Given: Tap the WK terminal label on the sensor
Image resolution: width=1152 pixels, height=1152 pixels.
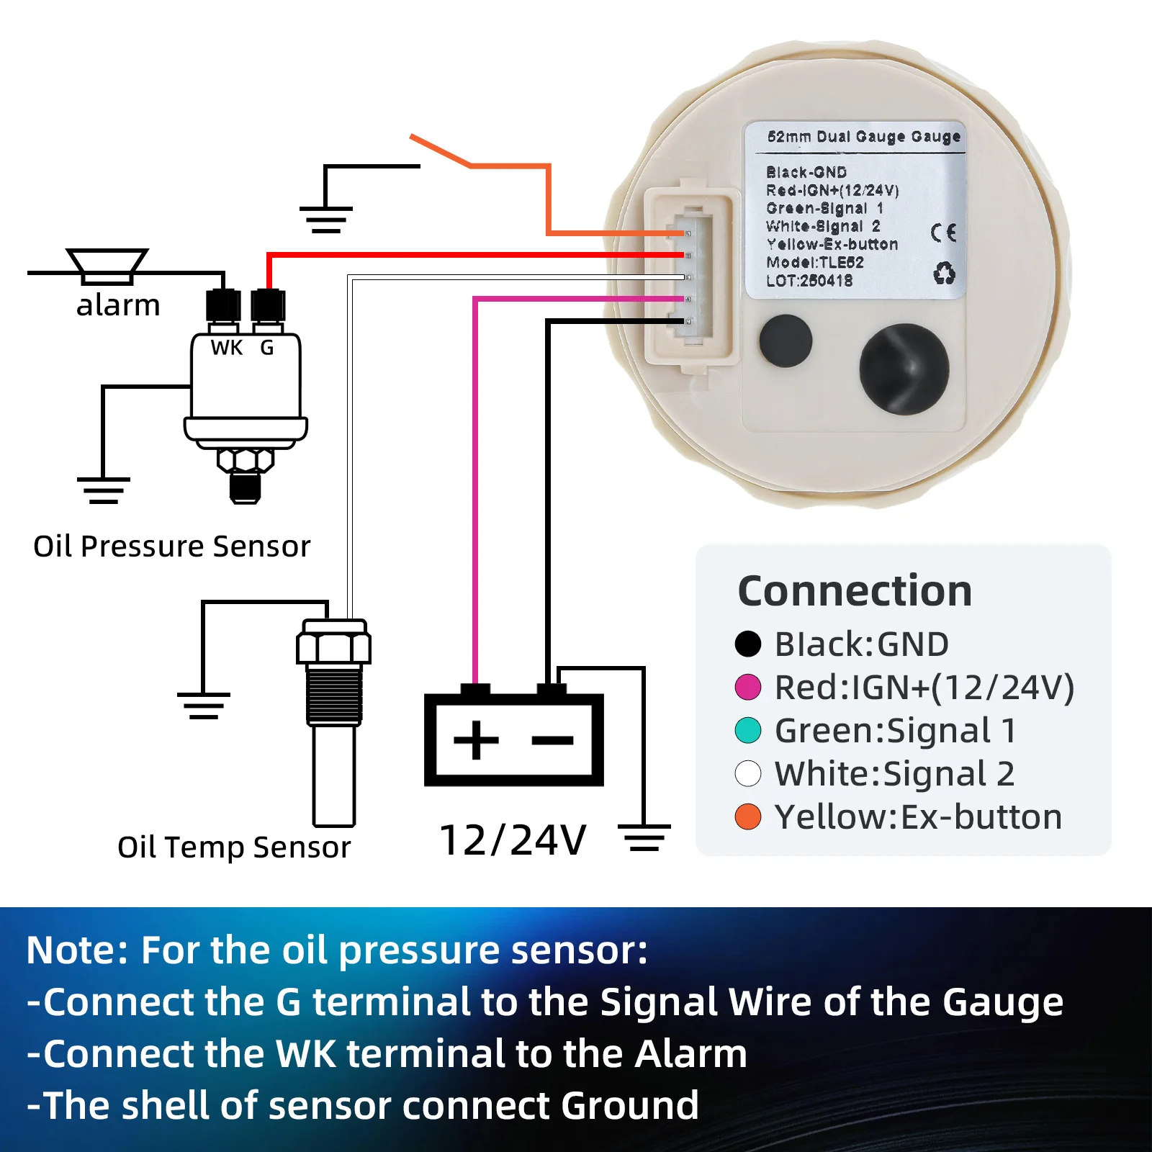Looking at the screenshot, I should pyautogui.click(x=227, y=348).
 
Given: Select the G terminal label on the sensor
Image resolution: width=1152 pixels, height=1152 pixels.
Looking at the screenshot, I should pyautogui.click(x=267, y=348).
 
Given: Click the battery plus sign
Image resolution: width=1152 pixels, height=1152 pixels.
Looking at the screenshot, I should pyautogui.click(x=476, y=739).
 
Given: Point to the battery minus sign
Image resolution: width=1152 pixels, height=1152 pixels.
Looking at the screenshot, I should pyautogui.click(x=553, y=739).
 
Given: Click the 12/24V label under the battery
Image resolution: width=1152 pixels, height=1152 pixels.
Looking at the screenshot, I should pyautogui.click(x=513, y=840).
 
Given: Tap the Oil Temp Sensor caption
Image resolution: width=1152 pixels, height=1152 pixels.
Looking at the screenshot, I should pyautogui.click(x=234, y=847).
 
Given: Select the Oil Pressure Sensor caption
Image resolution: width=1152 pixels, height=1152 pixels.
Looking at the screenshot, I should pyautogui.click(x=171, y=546).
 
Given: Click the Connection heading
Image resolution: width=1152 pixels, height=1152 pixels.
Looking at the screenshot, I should pyautogui.click(x=855, y=591).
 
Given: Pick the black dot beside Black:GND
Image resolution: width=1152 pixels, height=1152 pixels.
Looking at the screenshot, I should pyautogui.click(x=748, y=644).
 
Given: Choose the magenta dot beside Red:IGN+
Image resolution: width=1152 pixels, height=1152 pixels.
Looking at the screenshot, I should pyautogui.click(x=748, y=687).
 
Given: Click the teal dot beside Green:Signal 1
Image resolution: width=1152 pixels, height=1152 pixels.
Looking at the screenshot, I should pyautogui.click(x=748, y=730).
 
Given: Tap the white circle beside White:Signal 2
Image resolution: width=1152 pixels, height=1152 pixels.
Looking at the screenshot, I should pyautogui.click(x=748, y=774).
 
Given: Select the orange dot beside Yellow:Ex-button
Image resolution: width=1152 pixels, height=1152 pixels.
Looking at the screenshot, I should pyautogui.click(x=748, y=817).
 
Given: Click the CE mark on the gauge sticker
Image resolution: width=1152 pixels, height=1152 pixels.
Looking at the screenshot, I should pyautogui.click(x=943, y=233).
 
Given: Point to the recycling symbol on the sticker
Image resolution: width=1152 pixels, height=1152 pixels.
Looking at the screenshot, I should pyautogui.click(x=944, y=274).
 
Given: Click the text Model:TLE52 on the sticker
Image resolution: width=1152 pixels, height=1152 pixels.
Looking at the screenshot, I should pyautogui.click(x=814, y=263).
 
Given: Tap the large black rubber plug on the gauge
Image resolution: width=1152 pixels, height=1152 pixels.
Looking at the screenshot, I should pyautogui.click(x=904, y=369).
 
